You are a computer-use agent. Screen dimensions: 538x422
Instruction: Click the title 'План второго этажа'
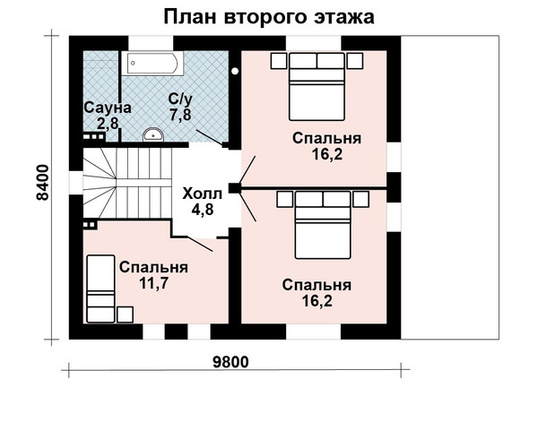pyautogui.click(x=269, y=17)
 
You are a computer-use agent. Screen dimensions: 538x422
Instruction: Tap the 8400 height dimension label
pyautogui.click(x=43, y=183)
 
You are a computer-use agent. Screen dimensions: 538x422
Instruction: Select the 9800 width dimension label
pyautogui.click(x=230, y=362)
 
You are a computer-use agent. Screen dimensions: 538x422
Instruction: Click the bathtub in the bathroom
pyautogui.click(x=152, y=63)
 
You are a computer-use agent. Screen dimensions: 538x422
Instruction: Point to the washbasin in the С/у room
pyautogui.click(x=153, y=134)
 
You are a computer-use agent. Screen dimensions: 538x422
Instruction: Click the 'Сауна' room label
pyautogui.click(x=108, y=108)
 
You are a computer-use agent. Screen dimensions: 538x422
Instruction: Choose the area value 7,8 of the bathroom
pyautogui.click(x=180, y=114)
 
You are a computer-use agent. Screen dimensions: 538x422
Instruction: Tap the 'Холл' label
pyautogui.click(x=203, y=194)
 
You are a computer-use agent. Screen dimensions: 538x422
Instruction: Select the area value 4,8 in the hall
pyautogui.click(x=203, y=209)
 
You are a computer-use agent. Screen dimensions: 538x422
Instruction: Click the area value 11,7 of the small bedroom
pyautogui.click(x=153, y=283)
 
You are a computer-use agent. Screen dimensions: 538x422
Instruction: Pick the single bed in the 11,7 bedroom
pyautogui.click(x=100, y=289)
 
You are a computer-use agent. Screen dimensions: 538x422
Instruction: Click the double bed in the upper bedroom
pyautogui.click(x=317, y=86)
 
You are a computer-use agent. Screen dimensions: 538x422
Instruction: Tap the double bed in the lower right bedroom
pyautogui.click(x=323, y=225)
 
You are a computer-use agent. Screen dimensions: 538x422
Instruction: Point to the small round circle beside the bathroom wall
pyautogui.click(x=235, y=72)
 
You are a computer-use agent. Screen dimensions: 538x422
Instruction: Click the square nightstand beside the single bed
pyautogui.click(x=125, y=314)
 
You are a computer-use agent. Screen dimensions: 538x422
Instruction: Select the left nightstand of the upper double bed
pyautogui.click(x=279, y=61)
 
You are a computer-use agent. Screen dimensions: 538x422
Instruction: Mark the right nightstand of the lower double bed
pyautogui.click(x=361, y=199)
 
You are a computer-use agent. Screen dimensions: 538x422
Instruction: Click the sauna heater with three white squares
pyautogui.click(x=94, y=137)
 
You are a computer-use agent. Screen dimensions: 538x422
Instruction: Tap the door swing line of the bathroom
pyautogui.click(x=209, y=137)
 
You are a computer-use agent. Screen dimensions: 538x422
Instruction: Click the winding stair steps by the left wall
pyautogui.click(x=100, y=183)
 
